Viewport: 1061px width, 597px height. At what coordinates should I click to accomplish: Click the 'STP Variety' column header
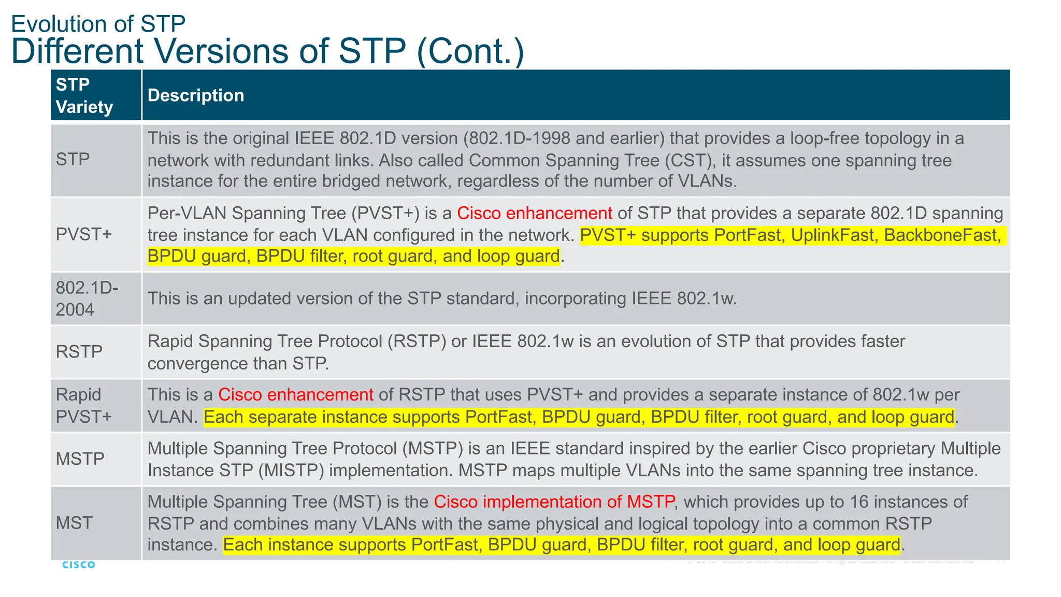click(x=84, y=95)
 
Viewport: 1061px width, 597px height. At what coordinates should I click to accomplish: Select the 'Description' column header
click(x=196, y=95)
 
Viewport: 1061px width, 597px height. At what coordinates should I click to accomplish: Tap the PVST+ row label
click(x=84, y=234)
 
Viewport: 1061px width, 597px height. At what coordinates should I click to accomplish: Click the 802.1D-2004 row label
click(x=87, y=298)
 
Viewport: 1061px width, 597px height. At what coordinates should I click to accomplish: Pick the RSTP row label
click(x=79, y=352)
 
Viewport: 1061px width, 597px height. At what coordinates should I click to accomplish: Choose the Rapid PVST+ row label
click(x=83, y=405)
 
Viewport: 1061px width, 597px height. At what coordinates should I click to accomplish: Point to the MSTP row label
click(x=80, y=459)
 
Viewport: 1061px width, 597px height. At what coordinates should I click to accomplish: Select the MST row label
click(x=74, y=523)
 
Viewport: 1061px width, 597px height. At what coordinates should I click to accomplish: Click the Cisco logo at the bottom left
click(x=79, y=564)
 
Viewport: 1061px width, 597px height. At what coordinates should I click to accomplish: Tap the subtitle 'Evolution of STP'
click(x=98, y=24)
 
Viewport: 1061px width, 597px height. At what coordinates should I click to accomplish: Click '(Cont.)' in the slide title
click(x=470, y=51)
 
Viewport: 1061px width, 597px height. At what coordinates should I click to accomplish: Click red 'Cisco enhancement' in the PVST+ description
click(x=534, y=213)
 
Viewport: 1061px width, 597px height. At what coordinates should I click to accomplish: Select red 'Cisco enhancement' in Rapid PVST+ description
click(x=295, y=395)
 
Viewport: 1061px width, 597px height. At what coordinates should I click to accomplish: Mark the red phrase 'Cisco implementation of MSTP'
click(x=554, y=502)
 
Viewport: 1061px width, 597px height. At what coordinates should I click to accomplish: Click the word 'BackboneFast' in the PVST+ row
click(x=940, y=235)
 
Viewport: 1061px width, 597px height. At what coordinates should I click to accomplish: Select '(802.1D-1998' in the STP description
click(x=517, y=138)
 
